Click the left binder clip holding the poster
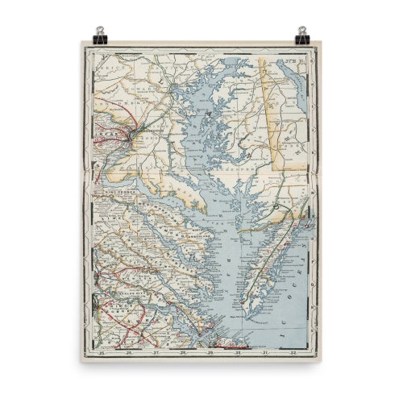[100, 35]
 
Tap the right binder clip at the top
[302, 35]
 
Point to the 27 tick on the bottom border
[156, 351]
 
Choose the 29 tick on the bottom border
[211, 351]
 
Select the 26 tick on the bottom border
[129, 351]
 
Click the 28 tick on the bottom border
[184, 351]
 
